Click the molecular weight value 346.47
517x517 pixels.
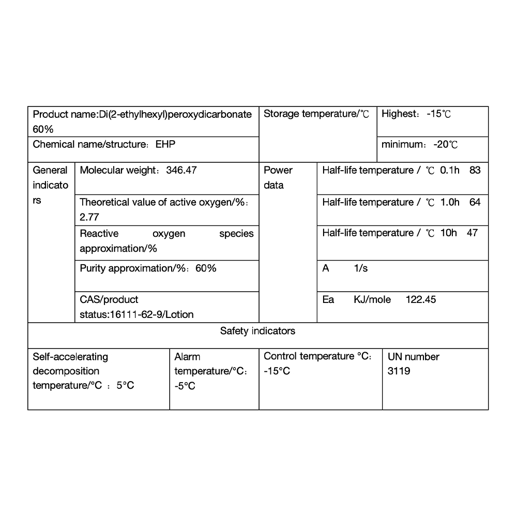(x=181, y=170)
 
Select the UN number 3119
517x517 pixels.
(x=399, y=371)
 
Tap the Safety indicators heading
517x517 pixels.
(x=257, y=331)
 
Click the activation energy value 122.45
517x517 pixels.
(x=420, y=299)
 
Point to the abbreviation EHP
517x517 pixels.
(x=165, y=144)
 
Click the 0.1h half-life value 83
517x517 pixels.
(x=475, y=170)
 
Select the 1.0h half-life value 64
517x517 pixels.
(x=475, y=202)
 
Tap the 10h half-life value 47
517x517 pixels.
(x=472, y=233)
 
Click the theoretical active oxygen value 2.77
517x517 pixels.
(x=89, y=217)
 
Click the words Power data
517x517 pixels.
(x=278, y=177)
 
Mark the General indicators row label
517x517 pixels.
(x=50, y=185)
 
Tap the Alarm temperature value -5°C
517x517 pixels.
(x=185, y=386)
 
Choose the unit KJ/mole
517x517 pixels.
(x=372, y=299)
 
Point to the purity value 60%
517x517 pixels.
(x=206, y=268)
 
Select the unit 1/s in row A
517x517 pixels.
(x=361, y=268)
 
